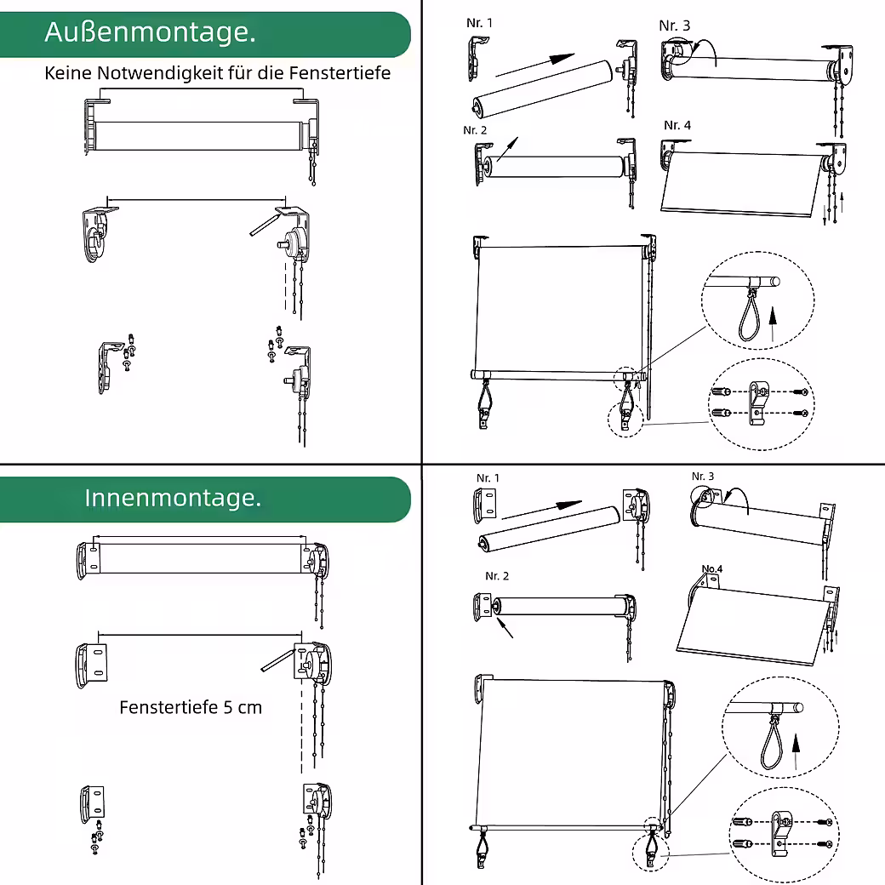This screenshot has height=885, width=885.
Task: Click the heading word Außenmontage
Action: (150, 32)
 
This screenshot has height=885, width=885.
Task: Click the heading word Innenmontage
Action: (173, 498)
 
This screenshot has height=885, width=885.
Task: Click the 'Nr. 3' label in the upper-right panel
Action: (675, 26)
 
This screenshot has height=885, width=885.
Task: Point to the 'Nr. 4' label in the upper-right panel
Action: (677, 125)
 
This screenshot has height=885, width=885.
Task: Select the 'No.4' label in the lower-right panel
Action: (711, 568)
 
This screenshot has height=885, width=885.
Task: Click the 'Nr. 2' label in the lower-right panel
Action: (497, 576)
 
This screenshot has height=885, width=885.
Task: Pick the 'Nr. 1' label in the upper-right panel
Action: (479, 23)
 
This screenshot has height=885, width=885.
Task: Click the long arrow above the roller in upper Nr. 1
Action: (535, 65)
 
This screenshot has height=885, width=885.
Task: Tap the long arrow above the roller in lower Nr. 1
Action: (542, 509)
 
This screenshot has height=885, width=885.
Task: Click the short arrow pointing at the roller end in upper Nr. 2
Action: (507, 149)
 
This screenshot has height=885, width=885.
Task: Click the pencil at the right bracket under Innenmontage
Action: (277, 660)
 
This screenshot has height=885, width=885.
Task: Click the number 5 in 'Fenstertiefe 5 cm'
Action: (227, 707)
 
